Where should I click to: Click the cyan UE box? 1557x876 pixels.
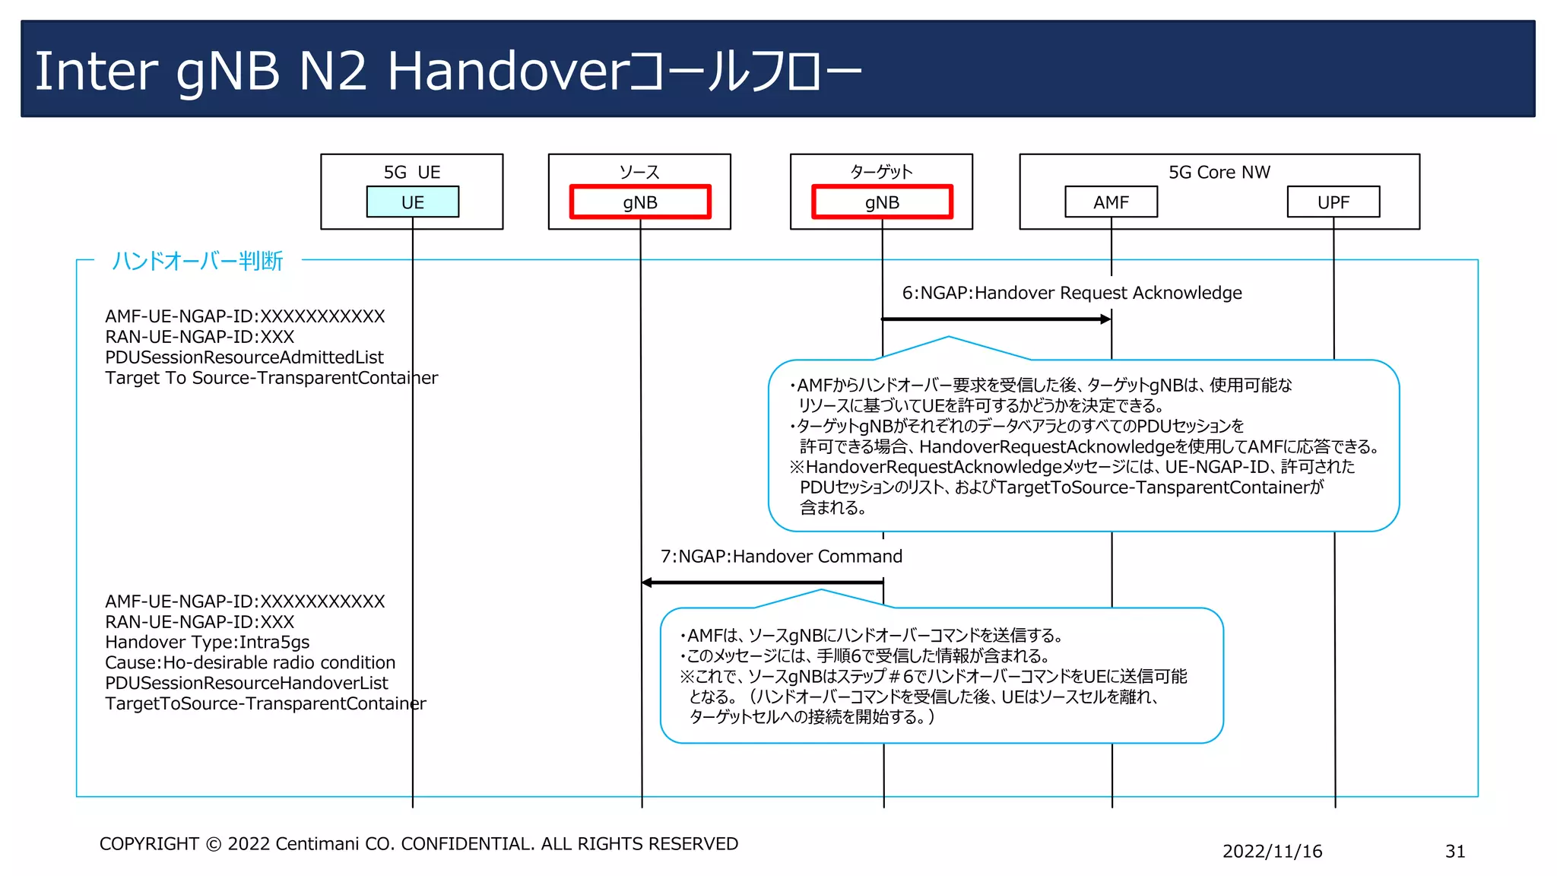[412, 202]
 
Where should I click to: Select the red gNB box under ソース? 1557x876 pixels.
[640, 202]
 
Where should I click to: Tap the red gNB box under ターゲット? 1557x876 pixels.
[882, 202]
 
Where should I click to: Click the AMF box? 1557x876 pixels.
[1111, 202]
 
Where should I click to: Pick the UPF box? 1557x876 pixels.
[1333, 202]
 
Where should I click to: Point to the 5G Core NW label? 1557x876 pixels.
[1219, 173]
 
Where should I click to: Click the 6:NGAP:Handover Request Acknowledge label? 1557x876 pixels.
[1071, 293]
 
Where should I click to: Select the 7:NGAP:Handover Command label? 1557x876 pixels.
[781, 557]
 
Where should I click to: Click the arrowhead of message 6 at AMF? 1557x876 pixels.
[1105, 319]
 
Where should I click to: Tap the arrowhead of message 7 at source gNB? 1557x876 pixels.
[648, 582]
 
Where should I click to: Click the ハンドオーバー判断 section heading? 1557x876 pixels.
[197, 261]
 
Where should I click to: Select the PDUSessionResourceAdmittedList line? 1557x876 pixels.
[244, 357]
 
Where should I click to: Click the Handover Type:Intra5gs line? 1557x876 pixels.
[207, 643]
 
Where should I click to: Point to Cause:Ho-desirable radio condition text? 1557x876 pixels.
[250, 663]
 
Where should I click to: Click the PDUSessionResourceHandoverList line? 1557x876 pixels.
[246, 684]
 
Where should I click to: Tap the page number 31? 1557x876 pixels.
[1454, 852]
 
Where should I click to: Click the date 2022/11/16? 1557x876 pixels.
[1272, 852]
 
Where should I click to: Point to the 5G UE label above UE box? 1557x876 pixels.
[411, 173]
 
